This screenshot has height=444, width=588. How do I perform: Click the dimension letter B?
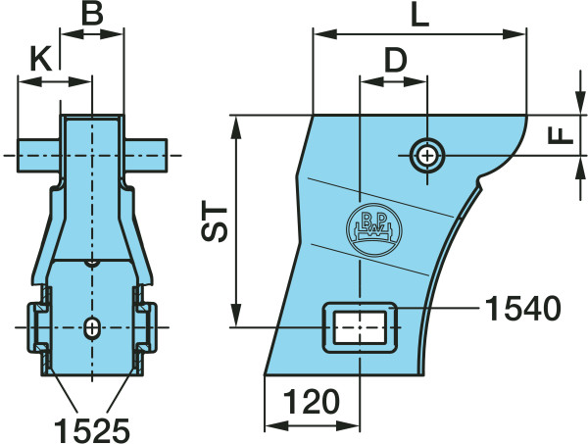(92, 14)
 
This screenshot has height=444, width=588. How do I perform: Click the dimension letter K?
(41, 60)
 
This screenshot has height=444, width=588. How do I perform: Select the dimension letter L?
(420, 16)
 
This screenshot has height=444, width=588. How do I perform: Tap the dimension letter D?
(396, 61)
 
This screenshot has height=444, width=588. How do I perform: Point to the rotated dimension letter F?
(561, 135)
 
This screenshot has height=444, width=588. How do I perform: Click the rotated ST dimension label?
(215, 223)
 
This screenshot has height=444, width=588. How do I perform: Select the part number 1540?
(522, 308)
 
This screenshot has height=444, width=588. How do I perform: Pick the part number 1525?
(92, 430)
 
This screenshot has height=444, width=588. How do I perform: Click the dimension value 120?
(312, 402)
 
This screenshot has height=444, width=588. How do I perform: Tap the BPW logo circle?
(374, 229)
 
